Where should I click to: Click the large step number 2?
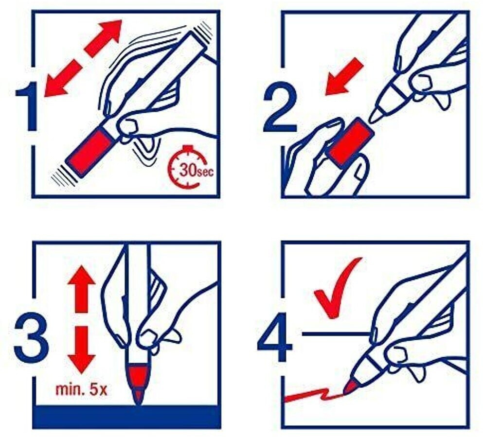[280, 106]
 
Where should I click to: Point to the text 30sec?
[196, 170]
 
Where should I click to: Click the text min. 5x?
[81, 390]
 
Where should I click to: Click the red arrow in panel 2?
[344, 76]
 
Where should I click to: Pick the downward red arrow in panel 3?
[82, 350]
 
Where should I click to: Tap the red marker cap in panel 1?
[89, 151]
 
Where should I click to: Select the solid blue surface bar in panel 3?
[126, 417]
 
